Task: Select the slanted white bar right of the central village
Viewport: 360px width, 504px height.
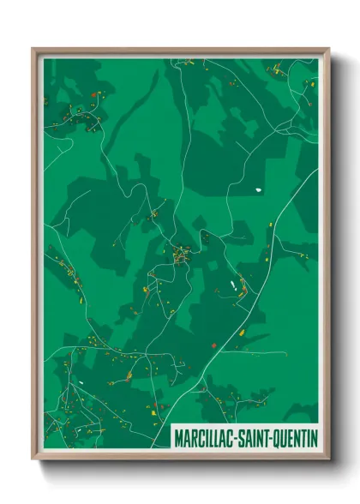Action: tap(231, 284)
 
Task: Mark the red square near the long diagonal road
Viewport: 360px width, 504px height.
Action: tap(213, 345)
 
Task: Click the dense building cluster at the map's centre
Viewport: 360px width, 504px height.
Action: tap(181, 255)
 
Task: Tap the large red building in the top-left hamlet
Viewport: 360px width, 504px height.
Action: tap(93, 95)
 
